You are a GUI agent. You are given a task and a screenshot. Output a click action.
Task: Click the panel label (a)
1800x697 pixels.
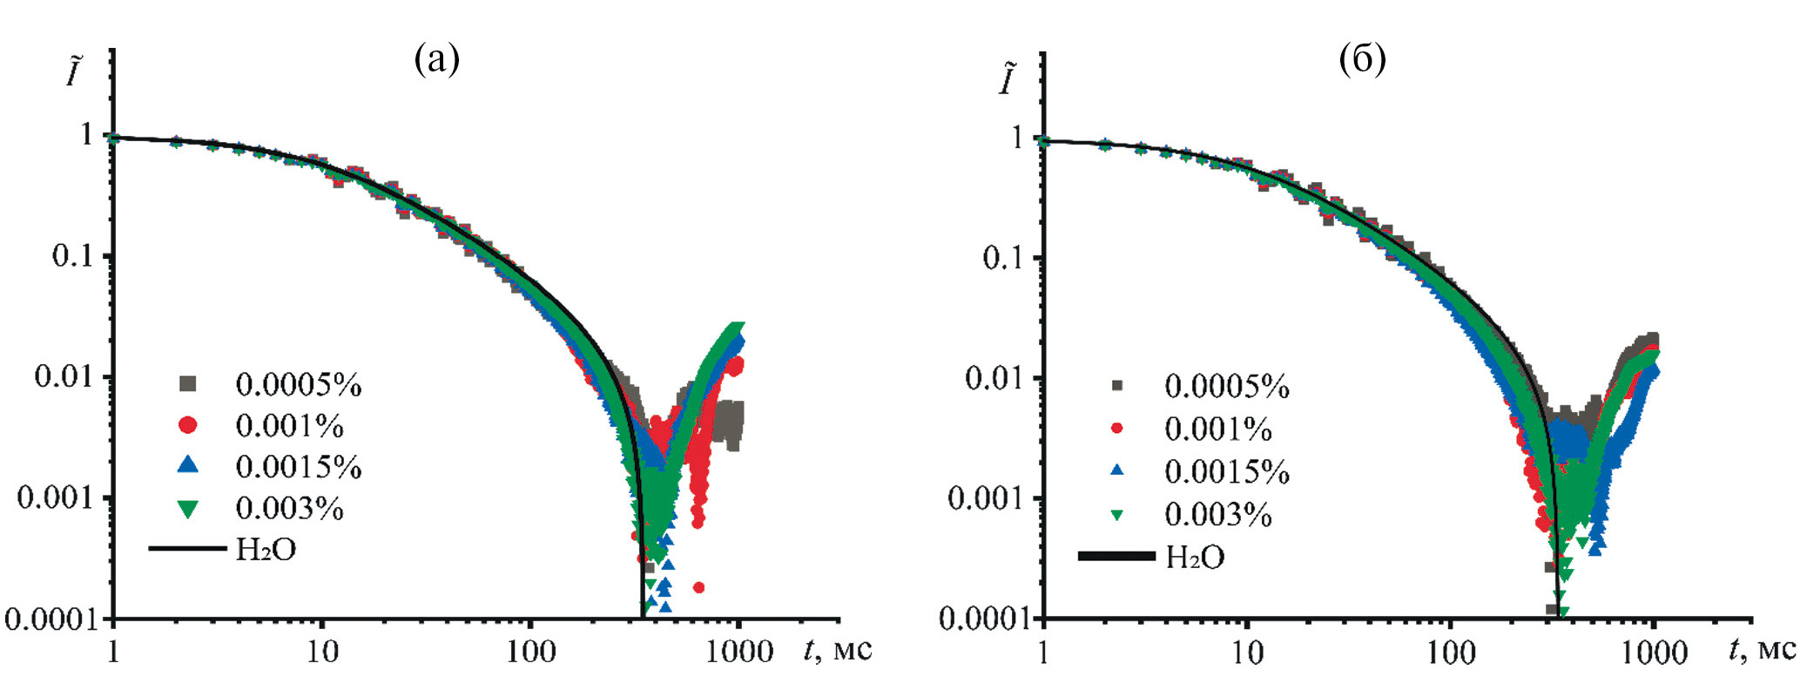click(x=437, y=59)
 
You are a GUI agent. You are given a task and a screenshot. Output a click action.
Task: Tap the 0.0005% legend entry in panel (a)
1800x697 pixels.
click(x=298, y=384)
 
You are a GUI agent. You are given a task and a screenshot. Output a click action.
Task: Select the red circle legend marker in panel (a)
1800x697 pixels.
click(x=188, y=425)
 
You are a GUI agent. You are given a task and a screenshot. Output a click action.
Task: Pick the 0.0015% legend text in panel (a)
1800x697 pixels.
click(x=298, y=467)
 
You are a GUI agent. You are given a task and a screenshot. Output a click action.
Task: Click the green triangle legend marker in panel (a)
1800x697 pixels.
click(x=188, y=509)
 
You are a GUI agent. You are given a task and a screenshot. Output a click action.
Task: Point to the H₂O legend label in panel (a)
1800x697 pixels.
click(x=266, y=550)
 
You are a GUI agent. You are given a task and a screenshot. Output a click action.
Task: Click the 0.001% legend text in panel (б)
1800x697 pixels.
click(x=1217, y=430)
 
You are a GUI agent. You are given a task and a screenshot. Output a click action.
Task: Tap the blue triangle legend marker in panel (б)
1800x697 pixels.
click(x=1117, y=471)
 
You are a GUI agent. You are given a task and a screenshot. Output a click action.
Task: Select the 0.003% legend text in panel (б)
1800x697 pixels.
click(x=1217, y=515)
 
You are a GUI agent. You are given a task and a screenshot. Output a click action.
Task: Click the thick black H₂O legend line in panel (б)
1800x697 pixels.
click(x=1116, y=556)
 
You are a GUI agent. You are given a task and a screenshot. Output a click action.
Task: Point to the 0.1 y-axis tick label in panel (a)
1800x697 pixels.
click(x=71, y=256)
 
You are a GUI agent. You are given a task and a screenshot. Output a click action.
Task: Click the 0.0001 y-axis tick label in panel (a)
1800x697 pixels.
click(x=51, y=619)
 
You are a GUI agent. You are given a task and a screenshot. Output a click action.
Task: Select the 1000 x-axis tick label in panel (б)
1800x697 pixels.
click(x=1653, y=653)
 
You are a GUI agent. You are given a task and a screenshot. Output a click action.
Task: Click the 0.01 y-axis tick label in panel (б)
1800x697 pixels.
click(x=993, y=378)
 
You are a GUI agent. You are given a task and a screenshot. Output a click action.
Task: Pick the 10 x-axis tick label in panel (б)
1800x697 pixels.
click(x=1247, y=653)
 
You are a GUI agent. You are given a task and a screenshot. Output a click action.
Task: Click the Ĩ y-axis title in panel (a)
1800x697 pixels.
click(x=75, y=71)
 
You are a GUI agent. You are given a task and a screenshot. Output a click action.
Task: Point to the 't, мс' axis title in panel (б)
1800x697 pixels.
click(x=1762, y=649)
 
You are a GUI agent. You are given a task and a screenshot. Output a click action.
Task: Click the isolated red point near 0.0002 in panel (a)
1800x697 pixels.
click(x=698, y=587)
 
